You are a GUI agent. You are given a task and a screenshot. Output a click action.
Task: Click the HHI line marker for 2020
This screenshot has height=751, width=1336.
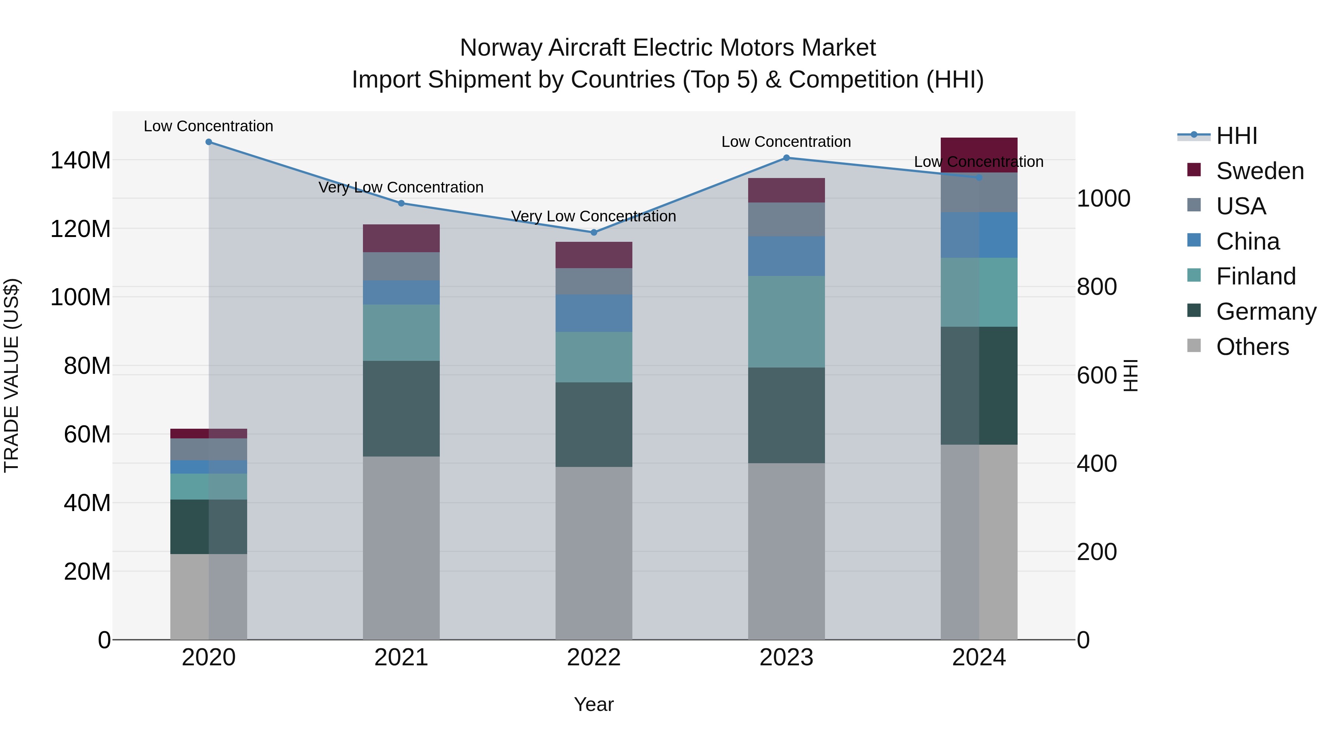pyautogui.click(x=209, y=142)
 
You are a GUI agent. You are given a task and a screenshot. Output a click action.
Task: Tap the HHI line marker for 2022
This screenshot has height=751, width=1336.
pyautogui.click(x=594, y=232)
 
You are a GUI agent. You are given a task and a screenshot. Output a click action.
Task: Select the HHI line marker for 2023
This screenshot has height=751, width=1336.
pyautogui.click(x=786, y=158)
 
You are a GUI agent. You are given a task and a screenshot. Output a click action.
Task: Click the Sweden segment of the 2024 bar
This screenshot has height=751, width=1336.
pyautogui.click(x=979, y=154)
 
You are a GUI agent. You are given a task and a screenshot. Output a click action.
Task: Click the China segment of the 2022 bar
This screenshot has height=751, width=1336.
pyautogui.click(x=594, y=313)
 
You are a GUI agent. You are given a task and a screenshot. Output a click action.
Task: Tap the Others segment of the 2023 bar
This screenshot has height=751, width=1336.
pyautogui.click(x=786, y=551)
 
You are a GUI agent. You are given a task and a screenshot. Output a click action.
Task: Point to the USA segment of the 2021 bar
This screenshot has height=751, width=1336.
pyautogui.click(x=401, y=266)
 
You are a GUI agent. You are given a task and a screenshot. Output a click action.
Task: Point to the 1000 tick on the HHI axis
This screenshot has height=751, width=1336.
pyautogui.click(x=1104, y=198)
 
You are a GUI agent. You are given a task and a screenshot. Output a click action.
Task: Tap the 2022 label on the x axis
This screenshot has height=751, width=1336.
pyautogui.click(x=594, y=658)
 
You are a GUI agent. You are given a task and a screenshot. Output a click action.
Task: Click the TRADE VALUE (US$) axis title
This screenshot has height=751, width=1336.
pyautogui.click(x=12, y=375)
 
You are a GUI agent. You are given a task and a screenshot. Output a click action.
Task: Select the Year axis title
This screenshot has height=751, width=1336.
pyautogui.click(x=594, y=704)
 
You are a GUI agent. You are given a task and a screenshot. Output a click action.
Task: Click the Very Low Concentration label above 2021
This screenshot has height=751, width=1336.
pyautogui.click(x=401, y=187)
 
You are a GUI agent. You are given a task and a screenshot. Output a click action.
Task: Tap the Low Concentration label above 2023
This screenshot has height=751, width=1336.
pyautogui.click(x=786, y=142)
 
